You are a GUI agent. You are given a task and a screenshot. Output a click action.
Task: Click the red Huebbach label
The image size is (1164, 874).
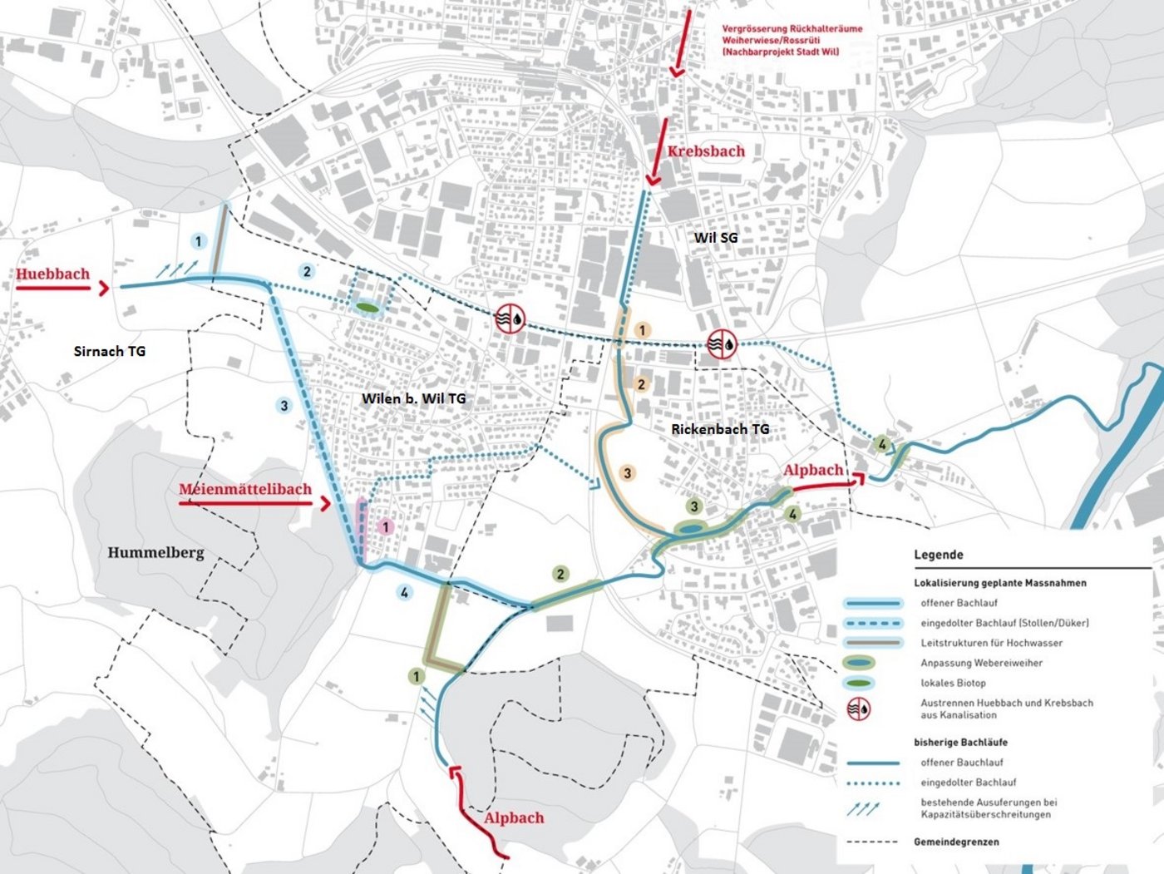(52, 274)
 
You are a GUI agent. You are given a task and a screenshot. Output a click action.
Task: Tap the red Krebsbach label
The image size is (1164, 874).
(706, 151)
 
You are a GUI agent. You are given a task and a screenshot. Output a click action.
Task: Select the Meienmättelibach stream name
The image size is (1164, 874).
(245, 489)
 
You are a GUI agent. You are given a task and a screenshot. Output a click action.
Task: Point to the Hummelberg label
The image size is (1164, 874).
(155, 552)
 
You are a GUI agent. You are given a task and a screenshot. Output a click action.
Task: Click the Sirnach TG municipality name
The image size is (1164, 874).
(110, 351)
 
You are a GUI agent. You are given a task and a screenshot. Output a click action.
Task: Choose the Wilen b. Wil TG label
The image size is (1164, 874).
(413, 398)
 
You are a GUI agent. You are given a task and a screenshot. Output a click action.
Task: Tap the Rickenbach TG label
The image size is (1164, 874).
(720, 429)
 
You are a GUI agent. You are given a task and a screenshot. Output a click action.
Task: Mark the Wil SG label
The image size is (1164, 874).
(715, 238)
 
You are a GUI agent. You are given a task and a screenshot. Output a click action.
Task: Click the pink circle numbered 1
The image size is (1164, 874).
(385, 526)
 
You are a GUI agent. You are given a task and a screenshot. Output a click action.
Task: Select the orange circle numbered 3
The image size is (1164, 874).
(627, 473)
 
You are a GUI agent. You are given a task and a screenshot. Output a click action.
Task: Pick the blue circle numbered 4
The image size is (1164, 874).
(404, 593)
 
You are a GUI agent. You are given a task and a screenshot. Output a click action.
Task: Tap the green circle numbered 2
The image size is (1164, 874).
(560, 574)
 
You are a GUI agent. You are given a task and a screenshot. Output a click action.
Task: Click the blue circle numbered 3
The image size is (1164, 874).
(284, 406)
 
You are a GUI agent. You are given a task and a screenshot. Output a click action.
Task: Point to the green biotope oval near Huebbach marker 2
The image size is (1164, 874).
(367, 308)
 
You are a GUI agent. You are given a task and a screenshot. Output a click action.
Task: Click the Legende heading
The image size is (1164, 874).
(938, 555)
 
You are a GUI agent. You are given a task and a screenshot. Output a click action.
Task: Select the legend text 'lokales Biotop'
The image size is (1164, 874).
(953, 683)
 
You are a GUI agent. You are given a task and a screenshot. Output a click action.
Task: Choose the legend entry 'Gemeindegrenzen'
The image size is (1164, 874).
(956, 842)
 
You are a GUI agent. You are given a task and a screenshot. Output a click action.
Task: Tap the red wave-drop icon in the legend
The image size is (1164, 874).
(859, 709)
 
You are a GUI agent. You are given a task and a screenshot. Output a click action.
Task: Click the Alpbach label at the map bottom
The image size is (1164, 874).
(514, 817)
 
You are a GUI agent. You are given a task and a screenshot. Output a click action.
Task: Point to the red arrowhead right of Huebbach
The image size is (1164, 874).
(103, 288)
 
